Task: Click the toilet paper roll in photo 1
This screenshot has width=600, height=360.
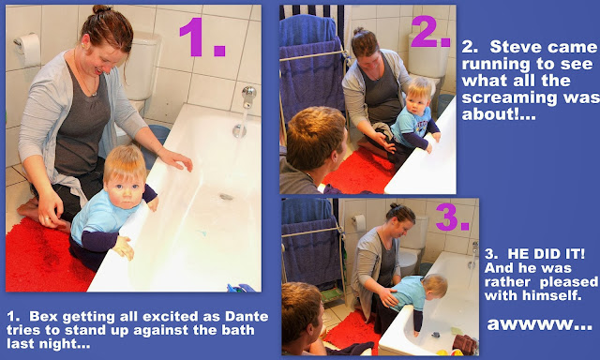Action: [x=29, y=49]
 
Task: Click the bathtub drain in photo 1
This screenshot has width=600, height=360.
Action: [x=226, y=197]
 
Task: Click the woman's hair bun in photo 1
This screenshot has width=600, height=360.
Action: [x=102, y=10]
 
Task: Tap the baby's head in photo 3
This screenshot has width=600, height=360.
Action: [x=436, y=285]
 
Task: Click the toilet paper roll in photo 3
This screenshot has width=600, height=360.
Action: [x=358, y=223]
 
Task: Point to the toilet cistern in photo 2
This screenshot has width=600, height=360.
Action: [x=428, y=55]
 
